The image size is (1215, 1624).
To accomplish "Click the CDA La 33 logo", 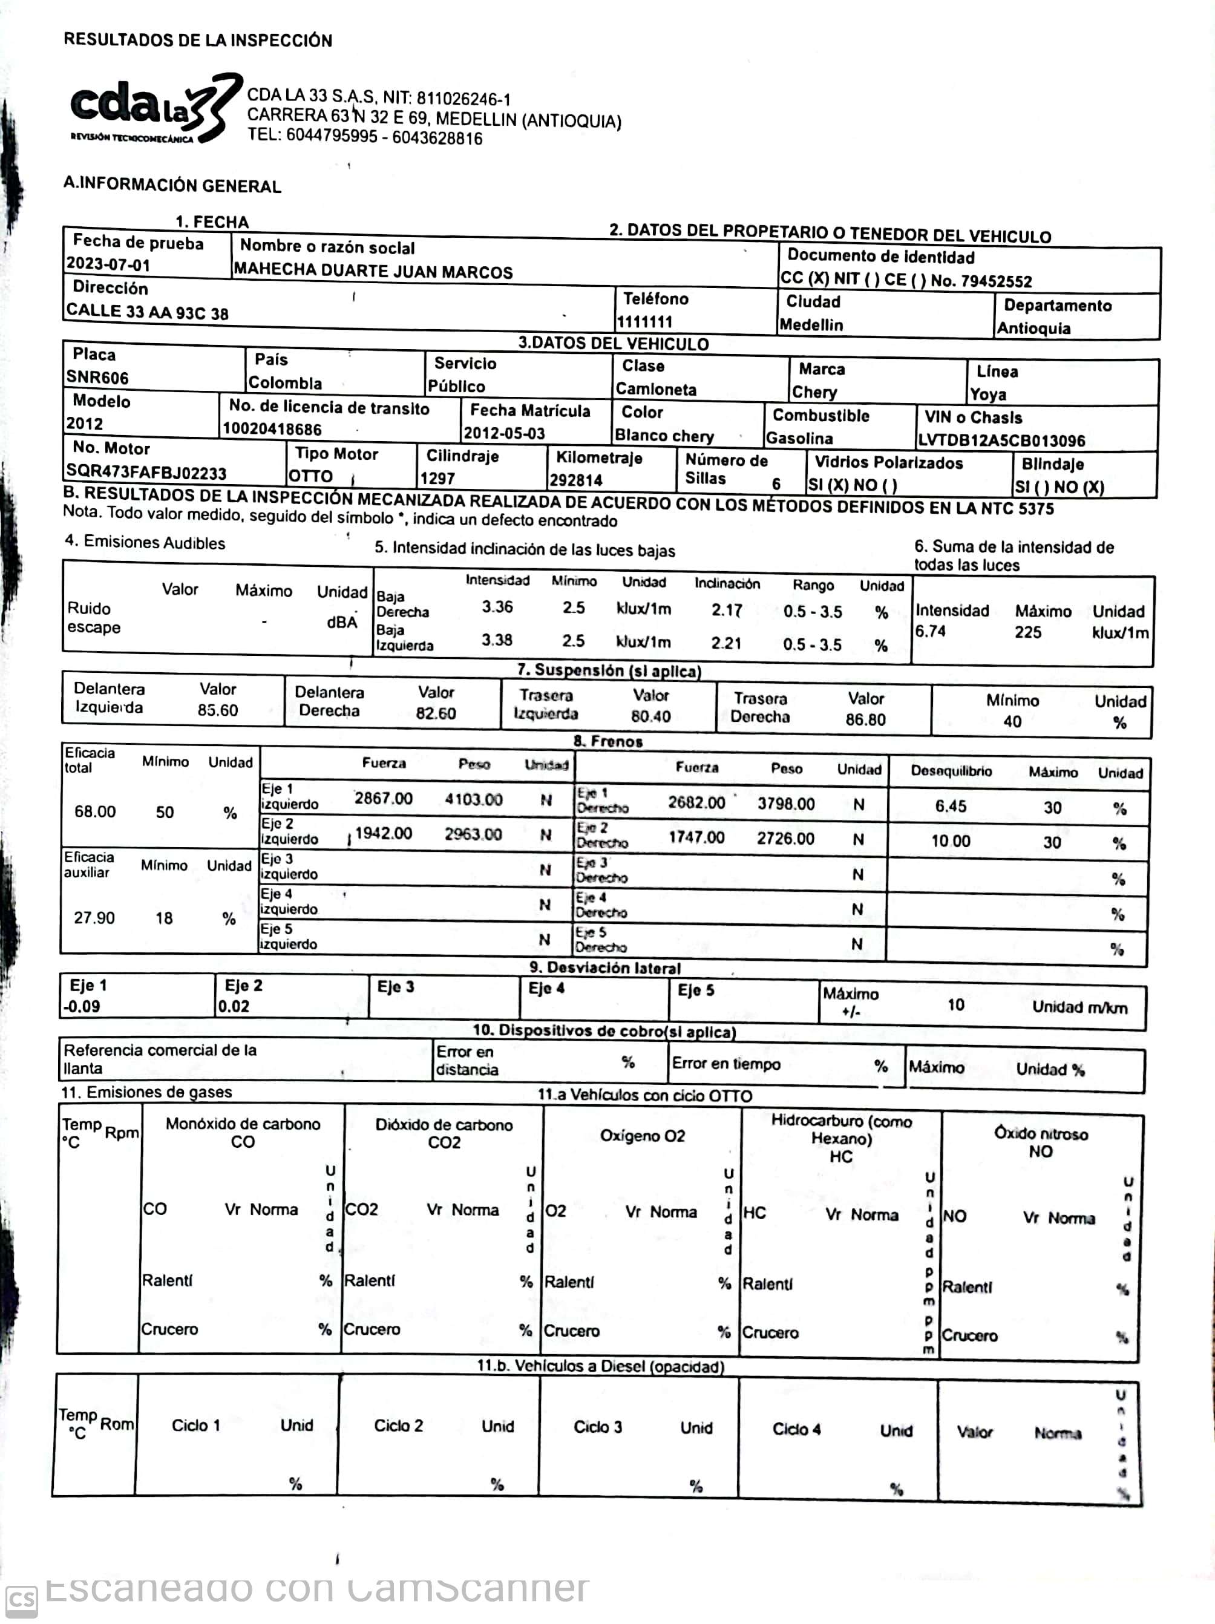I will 154,109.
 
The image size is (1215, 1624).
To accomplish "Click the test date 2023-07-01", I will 108,264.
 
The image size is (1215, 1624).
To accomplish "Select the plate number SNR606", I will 97,378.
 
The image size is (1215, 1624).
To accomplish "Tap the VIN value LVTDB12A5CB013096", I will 1001,440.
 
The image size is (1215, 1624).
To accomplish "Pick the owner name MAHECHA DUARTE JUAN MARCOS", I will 373,271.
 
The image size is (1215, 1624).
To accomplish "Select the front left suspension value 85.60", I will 217,710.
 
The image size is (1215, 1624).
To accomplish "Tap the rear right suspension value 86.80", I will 865,719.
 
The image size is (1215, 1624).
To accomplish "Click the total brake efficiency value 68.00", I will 95,811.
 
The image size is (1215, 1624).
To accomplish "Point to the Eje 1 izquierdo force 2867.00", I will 383,798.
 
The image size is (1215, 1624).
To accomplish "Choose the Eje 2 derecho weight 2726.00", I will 785,839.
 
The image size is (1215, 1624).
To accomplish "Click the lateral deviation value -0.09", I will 82,1006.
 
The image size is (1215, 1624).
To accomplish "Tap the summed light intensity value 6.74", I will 930,630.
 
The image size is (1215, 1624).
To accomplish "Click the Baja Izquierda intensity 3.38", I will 497,640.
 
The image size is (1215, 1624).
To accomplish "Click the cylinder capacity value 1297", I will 437,478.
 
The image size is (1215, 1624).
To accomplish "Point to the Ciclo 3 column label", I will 598,1427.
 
